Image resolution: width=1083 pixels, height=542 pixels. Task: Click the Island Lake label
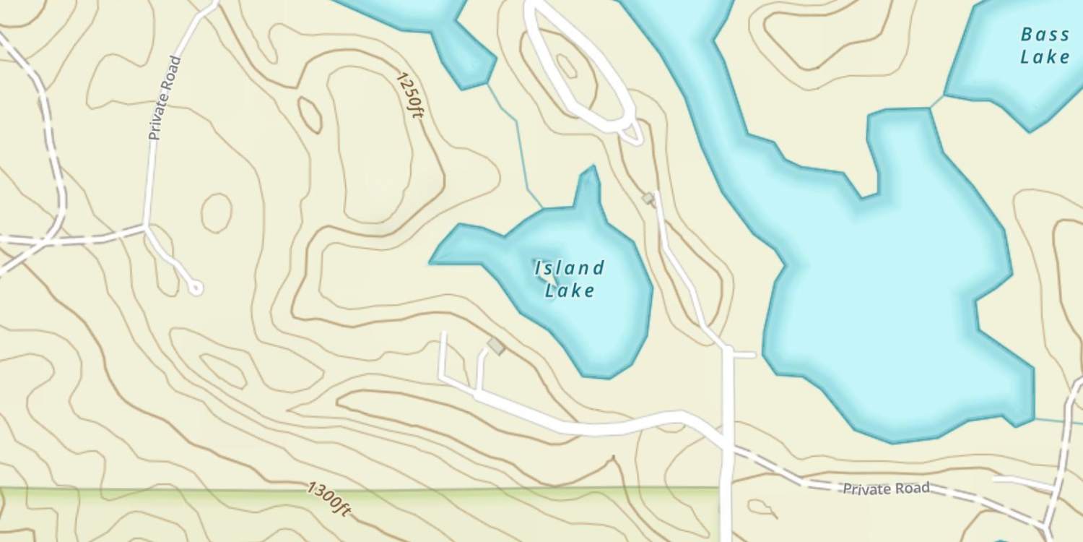pos(569,279)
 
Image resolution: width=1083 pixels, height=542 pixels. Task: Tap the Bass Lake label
pos(1045,46)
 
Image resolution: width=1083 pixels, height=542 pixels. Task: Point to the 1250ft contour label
pos(409,95)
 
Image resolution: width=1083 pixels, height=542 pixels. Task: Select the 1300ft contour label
pos(329,499)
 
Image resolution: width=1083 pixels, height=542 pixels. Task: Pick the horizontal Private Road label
pos(886,489)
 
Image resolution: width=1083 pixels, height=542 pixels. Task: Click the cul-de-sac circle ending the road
pos(194,288)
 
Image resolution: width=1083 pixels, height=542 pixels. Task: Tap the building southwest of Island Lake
pos(496,346)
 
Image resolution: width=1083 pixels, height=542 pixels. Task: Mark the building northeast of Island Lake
pos(648,198)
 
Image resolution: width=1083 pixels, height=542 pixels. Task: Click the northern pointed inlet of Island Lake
pos(590,181)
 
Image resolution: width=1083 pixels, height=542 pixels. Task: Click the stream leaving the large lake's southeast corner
pos(1058,421)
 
